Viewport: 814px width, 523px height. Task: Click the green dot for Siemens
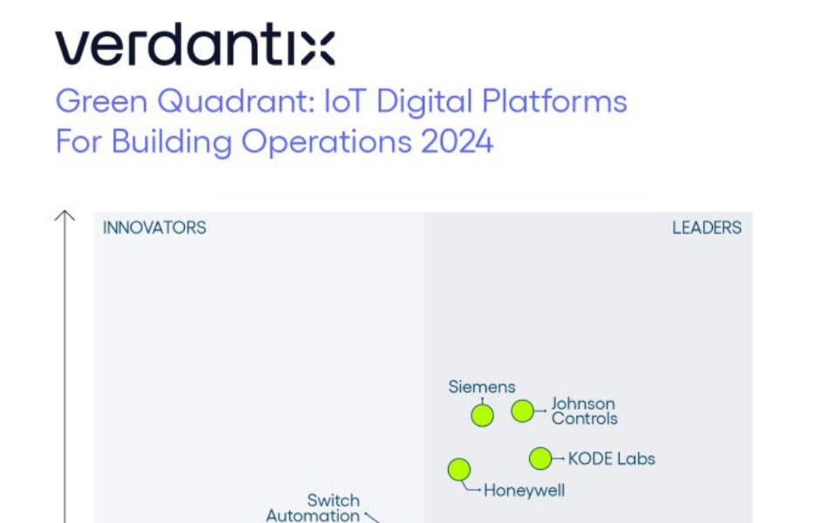click(x=482, y=415)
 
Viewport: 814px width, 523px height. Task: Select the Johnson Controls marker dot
click(x=522, y=411)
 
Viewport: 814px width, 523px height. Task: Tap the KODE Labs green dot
click(x=540, y=458)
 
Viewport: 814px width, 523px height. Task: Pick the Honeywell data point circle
click(x=459, y=470)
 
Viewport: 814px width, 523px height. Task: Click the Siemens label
click(x=482, y=386)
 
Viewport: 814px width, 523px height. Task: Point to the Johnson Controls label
click(x=584, y=411)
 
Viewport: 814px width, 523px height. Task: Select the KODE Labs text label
click(x=611, y=458)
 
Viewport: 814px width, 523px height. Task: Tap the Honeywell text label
click(x=524, y=490)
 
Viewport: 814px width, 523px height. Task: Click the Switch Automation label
click(x=313, y=508)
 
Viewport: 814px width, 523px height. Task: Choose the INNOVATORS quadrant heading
click(x=154, y=228)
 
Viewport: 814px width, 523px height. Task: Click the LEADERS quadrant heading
click(x=707, y=228)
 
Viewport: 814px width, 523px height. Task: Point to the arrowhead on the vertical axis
click(x=65, y=214)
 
